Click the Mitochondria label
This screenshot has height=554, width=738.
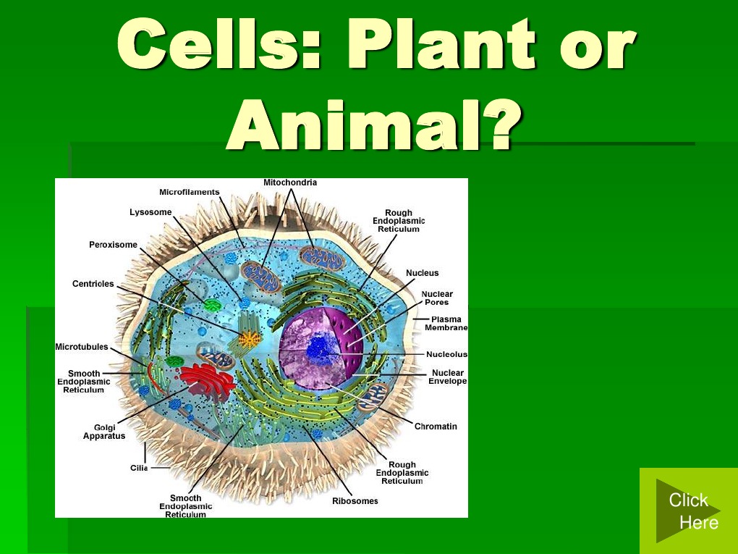[289, 182]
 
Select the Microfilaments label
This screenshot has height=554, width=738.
[189, 192]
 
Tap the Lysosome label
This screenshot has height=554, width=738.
[150, 212]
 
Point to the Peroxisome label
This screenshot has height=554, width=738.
[113, 245]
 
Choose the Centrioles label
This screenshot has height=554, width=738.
[93, 284]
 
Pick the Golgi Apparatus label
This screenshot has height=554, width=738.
[104, 432]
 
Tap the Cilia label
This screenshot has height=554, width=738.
[139, 468]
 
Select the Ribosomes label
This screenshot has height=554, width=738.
[355, 501]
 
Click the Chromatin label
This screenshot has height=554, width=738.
[436, 427]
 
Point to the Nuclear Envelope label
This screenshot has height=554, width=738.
[447, 377]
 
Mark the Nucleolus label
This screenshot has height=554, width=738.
[446, 355]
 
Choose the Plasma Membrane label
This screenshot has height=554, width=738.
[446, 324]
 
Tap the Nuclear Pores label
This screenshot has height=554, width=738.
[436, 298]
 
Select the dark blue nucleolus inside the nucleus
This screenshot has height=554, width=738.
[319, 350]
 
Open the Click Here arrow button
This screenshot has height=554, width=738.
[687, 511]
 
